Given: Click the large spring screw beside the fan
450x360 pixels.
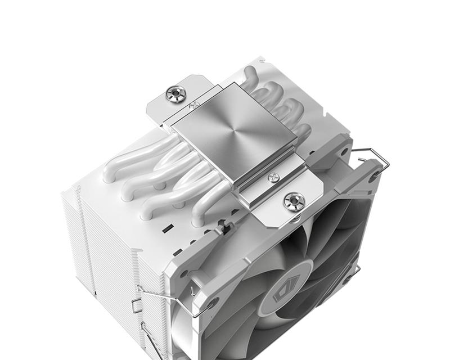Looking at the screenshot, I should (x=294, y=200).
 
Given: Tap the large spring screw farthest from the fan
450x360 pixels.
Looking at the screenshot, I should (x=177, y=93).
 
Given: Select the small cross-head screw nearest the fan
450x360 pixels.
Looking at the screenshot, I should (x=274, y=178).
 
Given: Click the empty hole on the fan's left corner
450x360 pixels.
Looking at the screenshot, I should (x=213, y=304).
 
